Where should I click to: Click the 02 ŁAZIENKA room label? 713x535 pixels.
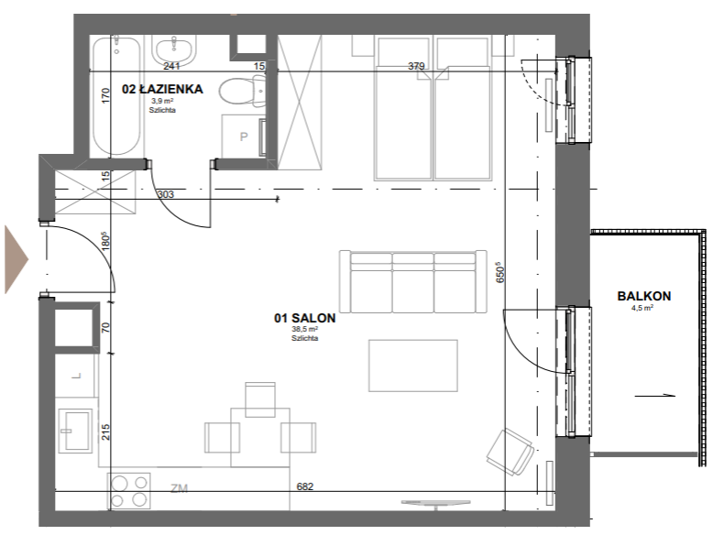point(162,89)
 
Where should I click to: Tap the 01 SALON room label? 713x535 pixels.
point(304,318)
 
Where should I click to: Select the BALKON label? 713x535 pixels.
point(644,296)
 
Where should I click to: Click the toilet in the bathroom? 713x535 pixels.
point(242,92)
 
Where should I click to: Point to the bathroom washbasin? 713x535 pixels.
point(174,50)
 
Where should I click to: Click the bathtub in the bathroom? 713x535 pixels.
point(116,96)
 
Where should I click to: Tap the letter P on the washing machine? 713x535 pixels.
point(244,136)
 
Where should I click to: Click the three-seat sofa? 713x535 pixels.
point(413,281)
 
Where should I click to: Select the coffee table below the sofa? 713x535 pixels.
point(413,366)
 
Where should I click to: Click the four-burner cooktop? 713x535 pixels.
point(129,490)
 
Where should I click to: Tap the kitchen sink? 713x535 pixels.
point(75,430)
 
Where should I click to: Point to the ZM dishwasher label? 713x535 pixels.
point(179,488)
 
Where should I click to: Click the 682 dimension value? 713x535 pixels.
point(304,486)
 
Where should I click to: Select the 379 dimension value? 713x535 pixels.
point(416,66)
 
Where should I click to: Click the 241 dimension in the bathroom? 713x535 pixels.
point(171,66)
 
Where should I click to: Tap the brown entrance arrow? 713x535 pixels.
point(16,259)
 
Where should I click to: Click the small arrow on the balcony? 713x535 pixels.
point(654,396)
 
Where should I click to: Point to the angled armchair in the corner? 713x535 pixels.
point(510,452)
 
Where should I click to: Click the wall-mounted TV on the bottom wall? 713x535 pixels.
point(435,503)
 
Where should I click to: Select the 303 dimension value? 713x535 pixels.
point(166,194)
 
